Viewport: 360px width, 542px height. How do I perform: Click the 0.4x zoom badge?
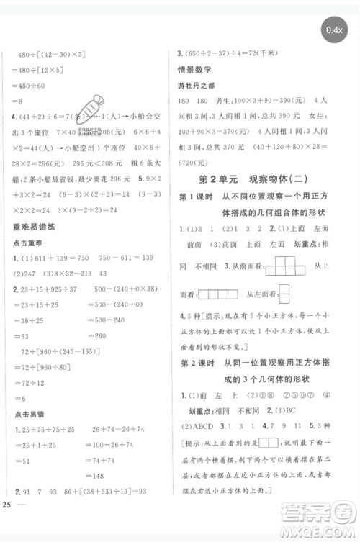pyautogui.click(x=333, y=30)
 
